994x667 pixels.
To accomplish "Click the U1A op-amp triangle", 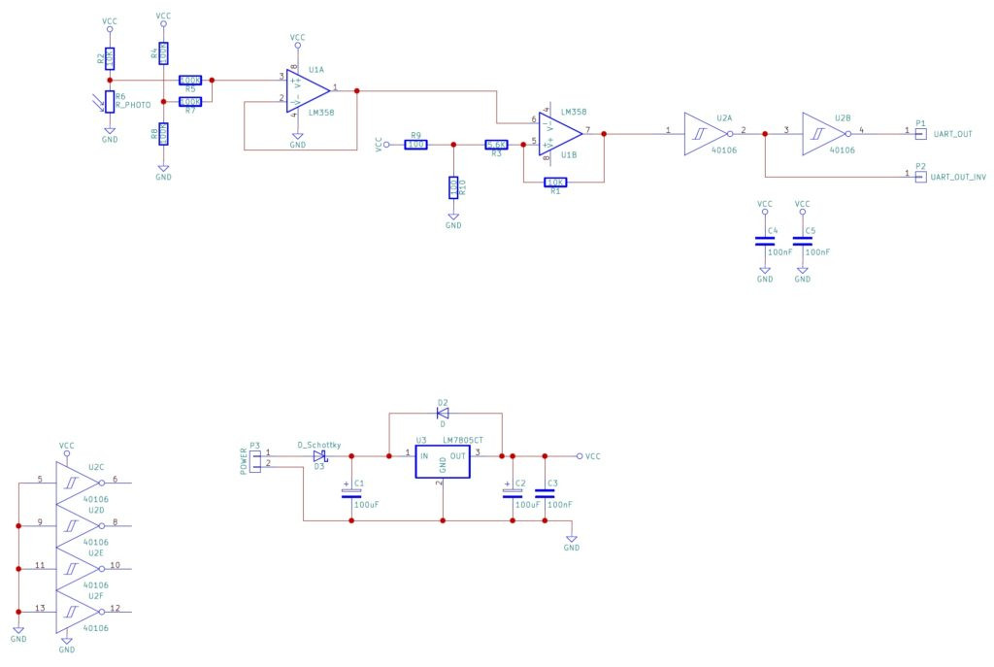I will pos(304,90).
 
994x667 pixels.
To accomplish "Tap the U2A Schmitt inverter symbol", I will pos(703,131).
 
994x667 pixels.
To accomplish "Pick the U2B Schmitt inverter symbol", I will pos(820,131).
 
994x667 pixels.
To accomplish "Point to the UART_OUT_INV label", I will pos(958,176).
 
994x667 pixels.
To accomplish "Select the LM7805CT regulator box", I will pos(442,462).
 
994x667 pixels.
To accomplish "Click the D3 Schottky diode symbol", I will pos(319,455).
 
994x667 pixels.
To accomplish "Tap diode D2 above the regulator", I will pos(443,413).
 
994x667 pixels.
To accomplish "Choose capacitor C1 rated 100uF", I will pos(351,493).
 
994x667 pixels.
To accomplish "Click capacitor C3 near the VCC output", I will pos(545,493).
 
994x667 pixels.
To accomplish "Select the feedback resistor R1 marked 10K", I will pos(555,182).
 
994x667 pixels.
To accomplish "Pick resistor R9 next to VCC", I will pos(415,145).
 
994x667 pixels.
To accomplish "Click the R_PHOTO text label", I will pos(134,106).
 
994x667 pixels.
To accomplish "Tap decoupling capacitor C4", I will pos(765,241).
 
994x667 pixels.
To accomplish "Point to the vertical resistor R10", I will pos(453,186).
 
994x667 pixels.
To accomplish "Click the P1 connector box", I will pos(921,132).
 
